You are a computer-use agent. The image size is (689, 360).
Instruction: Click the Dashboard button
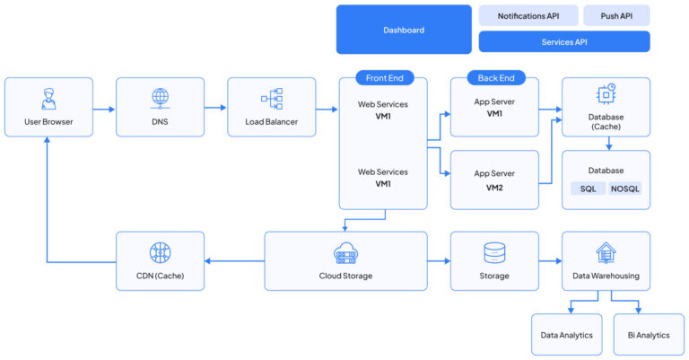tap(404, 30)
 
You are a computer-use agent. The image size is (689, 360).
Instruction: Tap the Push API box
tap(616, 15)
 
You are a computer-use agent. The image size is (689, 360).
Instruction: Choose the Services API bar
tap(564, 41)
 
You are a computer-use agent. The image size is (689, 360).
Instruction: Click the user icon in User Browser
tap(48, 97)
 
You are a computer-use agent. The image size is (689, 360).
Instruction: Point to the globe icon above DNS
tap(160, 97)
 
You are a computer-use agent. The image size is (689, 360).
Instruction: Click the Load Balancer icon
tap(271, 97)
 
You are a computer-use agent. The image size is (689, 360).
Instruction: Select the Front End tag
tap(385, 78)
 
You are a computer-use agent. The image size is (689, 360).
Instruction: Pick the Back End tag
tap(496, 78)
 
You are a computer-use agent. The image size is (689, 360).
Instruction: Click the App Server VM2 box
tap(494, 180)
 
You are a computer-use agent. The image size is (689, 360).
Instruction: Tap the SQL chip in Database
tap(588, 189)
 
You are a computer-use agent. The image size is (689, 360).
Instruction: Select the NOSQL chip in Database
tap(625, 189)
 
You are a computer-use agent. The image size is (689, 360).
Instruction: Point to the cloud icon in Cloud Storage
tap(346, 252)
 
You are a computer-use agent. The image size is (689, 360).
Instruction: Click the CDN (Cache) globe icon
tap(160, 252)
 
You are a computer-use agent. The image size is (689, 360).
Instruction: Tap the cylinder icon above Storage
tap(494, 252)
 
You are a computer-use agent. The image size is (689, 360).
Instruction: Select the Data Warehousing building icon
tap(606, 252)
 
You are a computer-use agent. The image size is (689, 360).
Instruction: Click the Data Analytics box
tap(568, 335)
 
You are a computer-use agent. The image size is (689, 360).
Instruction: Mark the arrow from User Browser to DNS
tap(104, 110)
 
